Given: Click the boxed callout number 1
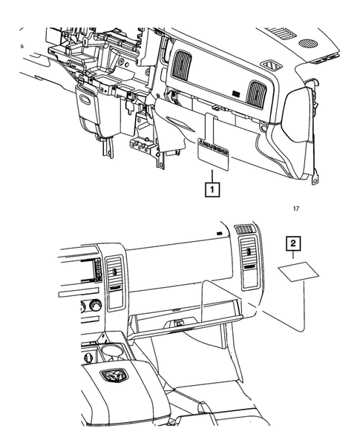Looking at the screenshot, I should click(212, 191).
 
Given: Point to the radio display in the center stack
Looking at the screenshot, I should click(95, 271).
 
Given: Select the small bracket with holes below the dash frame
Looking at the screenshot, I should click(149, 148).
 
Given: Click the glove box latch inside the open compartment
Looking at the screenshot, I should click(179, 324).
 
